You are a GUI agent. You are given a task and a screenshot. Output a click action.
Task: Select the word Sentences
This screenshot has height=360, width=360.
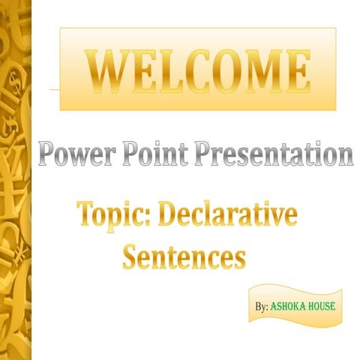click(x=184, y=256)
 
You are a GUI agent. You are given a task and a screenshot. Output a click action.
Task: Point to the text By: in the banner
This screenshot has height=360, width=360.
click(x=261, y=307)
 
